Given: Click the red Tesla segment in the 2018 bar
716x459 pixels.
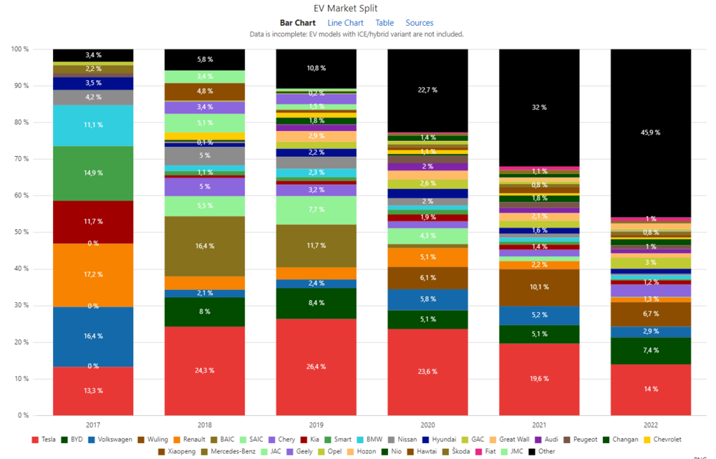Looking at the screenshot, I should click(204, 371).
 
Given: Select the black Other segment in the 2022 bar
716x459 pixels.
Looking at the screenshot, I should click(651, 132).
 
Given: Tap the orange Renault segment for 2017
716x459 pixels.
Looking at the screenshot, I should click(93, 275).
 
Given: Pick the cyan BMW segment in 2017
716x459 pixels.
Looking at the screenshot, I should click(93, 125).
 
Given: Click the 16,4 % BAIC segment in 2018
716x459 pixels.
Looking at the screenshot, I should click(204, 246).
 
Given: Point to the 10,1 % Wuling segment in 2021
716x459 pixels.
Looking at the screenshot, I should click(539, 287).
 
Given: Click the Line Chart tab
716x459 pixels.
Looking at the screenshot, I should click(345, 23).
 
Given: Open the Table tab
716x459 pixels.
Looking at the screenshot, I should click(384, 23).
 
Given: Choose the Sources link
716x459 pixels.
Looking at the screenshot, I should click(420, 23).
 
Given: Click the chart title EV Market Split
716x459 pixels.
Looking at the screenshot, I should click(357, 9).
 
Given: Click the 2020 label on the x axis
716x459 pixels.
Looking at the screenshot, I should click(427, 424).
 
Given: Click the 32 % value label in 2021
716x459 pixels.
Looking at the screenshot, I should click(539, 107).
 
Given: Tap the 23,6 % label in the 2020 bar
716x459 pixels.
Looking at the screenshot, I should click(427, 371).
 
